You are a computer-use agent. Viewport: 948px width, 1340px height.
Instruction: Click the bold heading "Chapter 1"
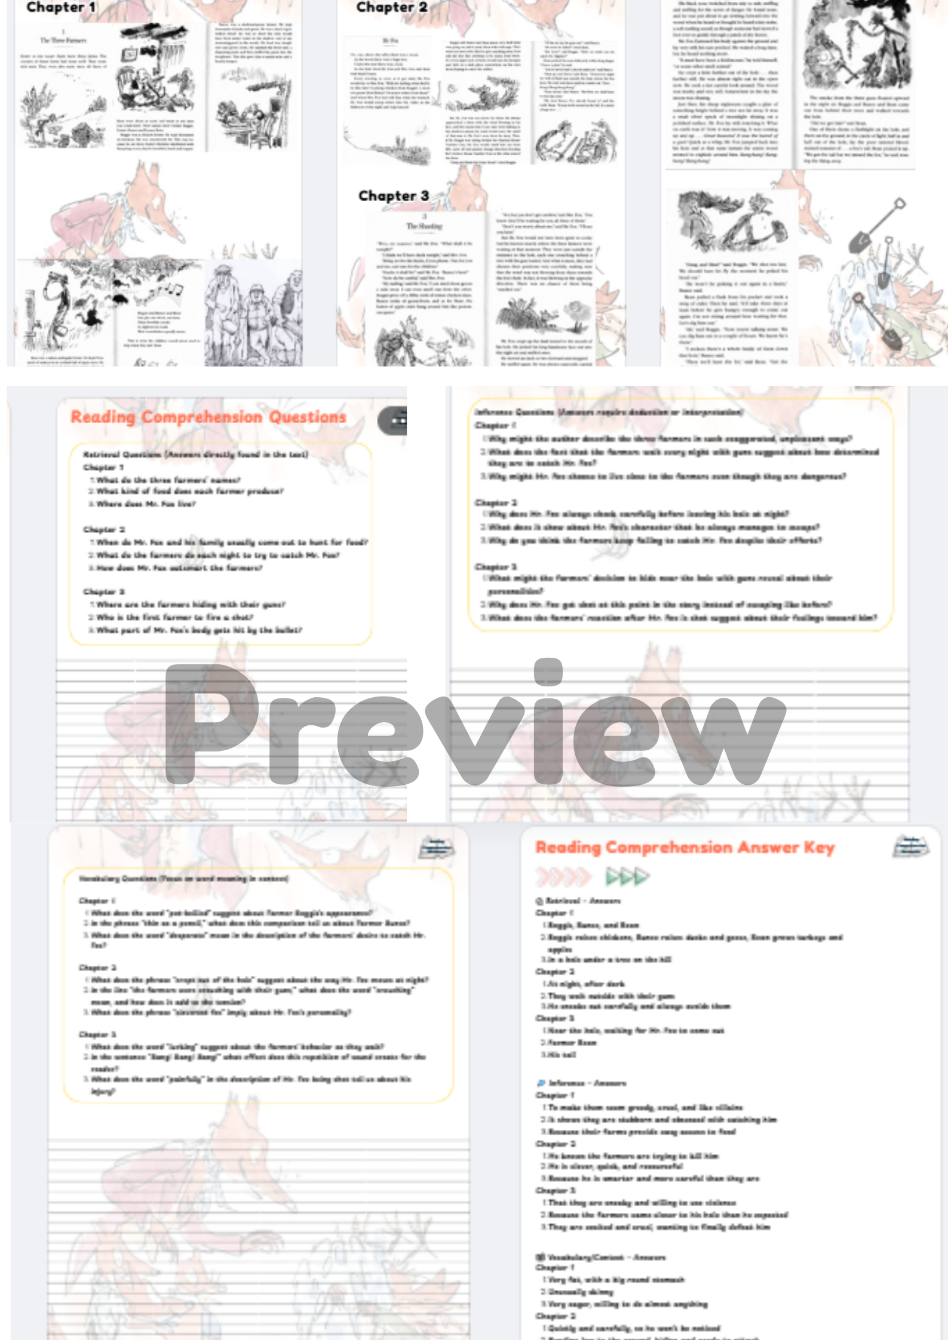click(60, 8)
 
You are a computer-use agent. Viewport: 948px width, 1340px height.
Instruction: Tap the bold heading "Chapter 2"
click(391, 8)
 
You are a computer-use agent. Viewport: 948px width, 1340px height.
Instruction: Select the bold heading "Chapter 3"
click(393, 196)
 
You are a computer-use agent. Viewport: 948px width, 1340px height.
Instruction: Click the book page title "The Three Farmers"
click(63, 41)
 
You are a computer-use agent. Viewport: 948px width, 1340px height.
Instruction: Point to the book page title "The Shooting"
click(424, 226)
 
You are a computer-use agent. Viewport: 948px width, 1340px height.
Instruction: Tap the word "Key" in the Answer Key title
click(818, 848)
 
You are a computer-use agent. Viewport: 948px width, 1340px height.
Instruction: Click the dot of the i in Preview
click(548, 670)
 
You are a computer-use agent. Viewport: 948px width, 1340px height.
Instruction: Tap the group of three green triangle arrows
click(627, 877)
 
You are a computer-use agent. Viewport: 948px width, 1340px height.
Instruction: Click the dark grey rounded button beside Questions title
click(394, 421)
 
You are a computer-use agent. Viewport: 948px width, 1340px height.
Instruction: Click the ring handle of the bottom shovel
click(858, 298)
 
